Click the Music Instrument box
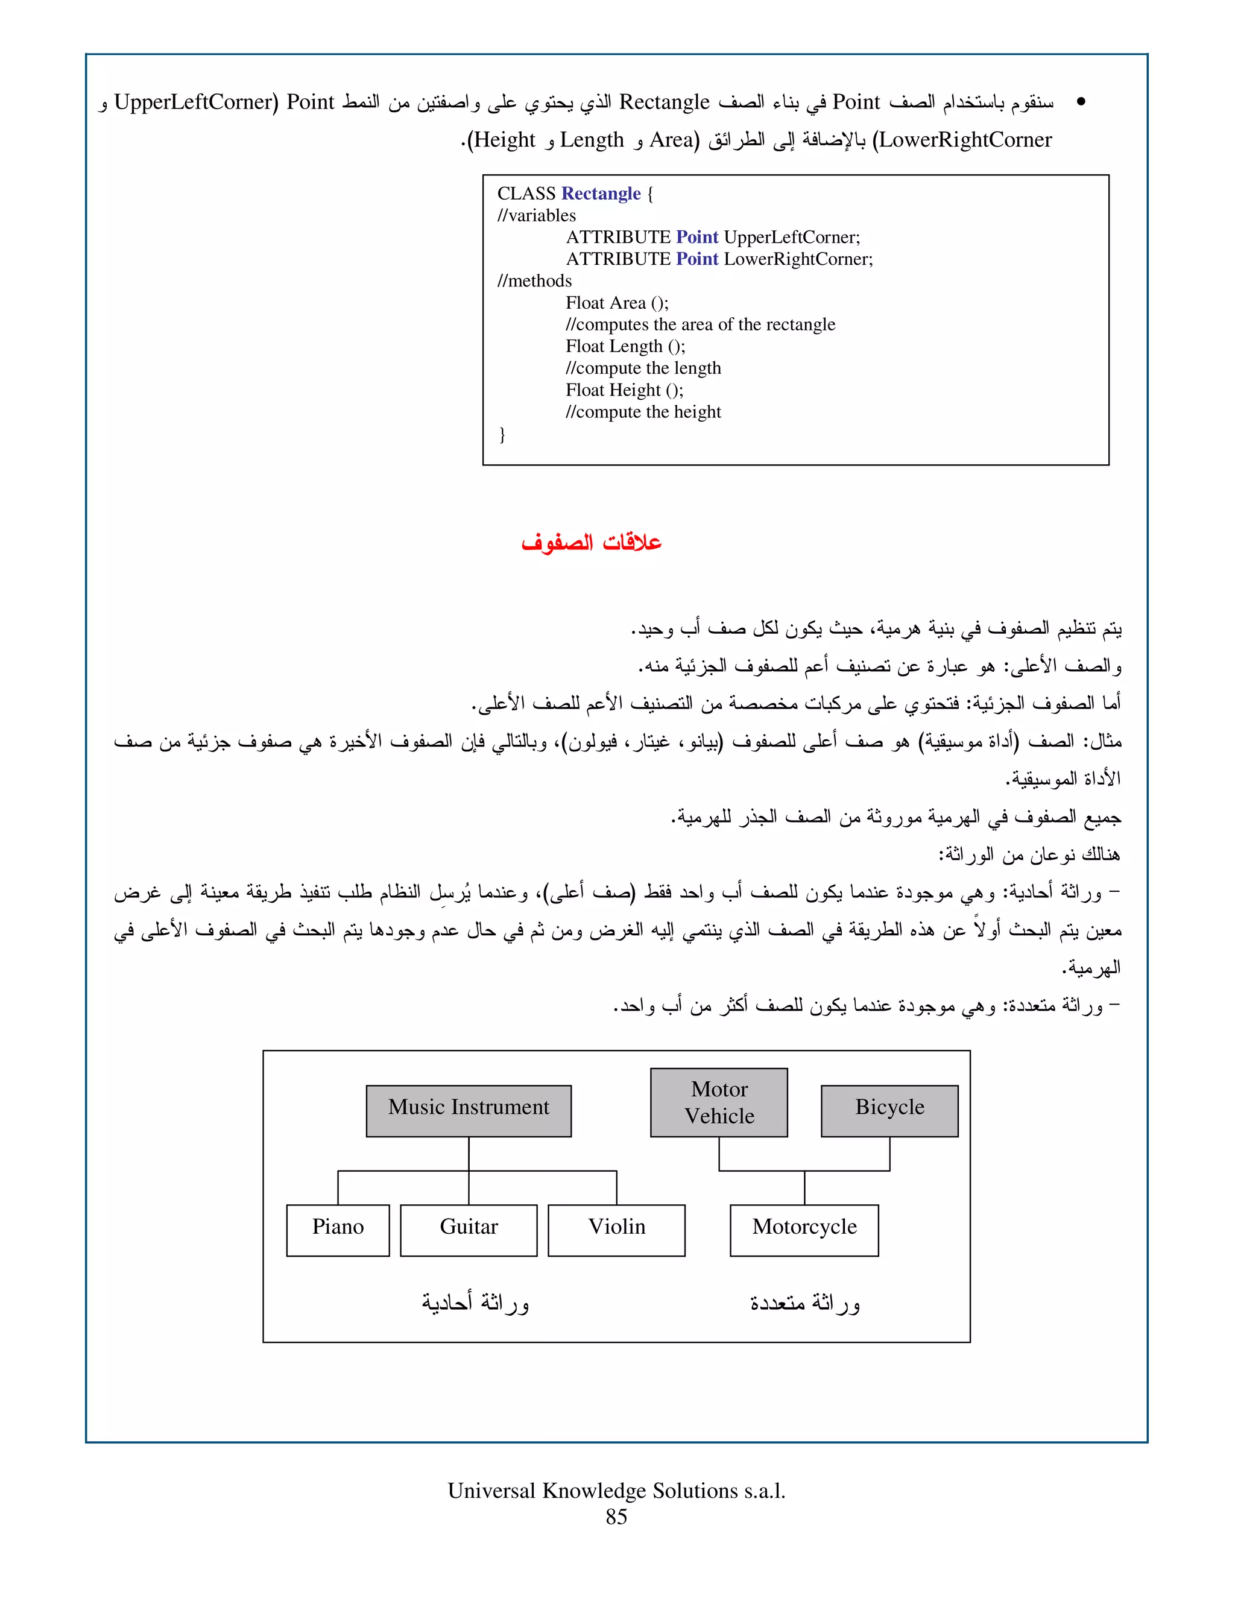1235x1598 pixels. (x=468, y=1110)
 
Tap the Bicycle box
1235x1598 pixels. (x=889, y=1110)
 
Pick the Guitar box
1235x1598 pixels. (x=468, y=1230)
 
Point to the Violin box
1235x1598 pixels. (x=616, y=1230)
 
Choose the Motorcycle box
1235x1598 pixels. (x=804, y=1230)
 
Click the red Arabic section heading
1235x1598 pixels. (x=591, y=543)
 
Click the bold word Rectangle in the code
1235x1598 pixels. (x=601, y=194)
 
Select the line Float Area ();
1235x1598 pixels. (x=617, y=303)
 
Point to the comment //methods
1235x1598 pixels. (x=534, y=281)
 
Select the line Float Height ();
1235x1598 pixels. (x=624, y=390)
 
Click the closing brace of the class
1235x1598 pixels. (x=502, y=435)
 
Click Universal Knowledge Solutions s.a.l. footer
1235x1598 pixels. (x=616, y=1491)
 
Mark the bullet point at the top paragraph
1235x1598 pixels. (x=1081, y=103)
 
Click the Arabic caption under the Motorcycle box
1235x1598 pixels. (x=805, y=1303)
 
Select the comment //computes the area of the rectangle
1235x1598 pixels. (x=700, y=325)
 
